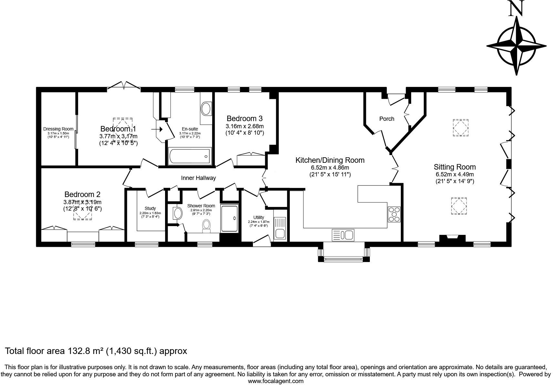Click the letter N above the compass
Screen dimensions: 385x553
[x=516, y=9]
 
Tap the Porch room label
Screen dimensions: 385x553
[x=387, y=119]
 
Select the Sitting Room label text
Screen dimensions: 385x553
[x=454, y=167]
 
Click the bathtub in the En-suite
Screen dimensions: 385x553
[x=190, y=156]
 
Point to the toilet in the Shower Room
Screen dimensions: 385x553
[x=206, y=226]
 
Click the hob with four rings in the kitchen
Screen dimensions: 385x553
[x=394, y=214]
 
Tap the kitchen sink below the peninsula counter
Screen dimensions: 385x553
[x=343, y=235]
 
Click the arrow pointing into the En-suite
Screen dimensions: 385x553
[x=157, y=129]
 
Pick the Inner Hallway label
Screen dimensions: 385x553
[x=198, y=178]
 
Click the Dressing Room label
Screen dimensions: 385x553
[x=58, y=129]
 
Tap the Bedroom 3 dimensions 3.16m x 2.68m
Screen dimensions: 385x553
[x=245, y=126]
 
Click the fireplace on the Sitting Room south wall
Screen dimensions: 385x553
[x=452, y=238]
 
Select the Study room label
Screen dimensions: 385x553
[x=150, y=208]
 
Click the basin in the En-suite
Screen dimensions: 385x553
[x=206, y=109]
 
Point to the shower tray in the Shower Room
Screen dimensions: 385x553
[x=230, y=218]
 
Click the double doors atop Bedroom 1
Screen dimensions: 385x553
[x=124, y=85]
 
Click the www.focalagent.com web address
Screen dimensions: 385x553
[x=276, y=381]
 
